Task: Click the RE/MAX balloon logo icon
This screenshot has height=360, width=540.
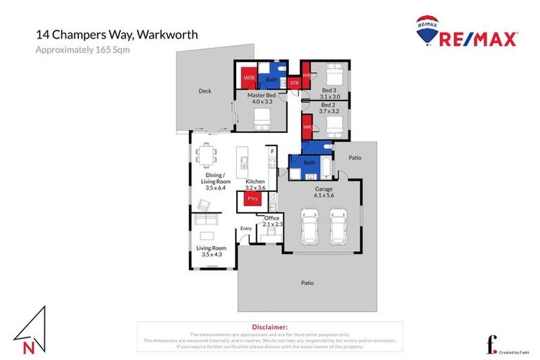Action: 427,30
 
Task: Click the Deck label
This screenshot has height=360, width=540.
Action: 205,91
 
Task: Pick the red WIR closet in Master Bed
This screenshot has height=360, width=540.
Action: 248,78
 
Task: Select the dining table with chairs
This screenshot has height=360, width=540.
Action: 206,154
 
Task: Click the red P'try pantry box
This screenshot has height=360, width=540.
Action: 252,199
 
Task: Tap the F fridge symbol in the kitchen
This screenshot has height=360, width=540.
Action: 272,150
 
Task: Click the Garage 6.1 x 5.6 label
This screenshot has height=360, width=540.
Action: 323,192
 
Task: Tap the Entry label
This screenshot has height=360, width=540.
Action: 245,228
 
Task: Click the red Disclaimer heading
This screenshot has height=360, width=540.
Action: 269,327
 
